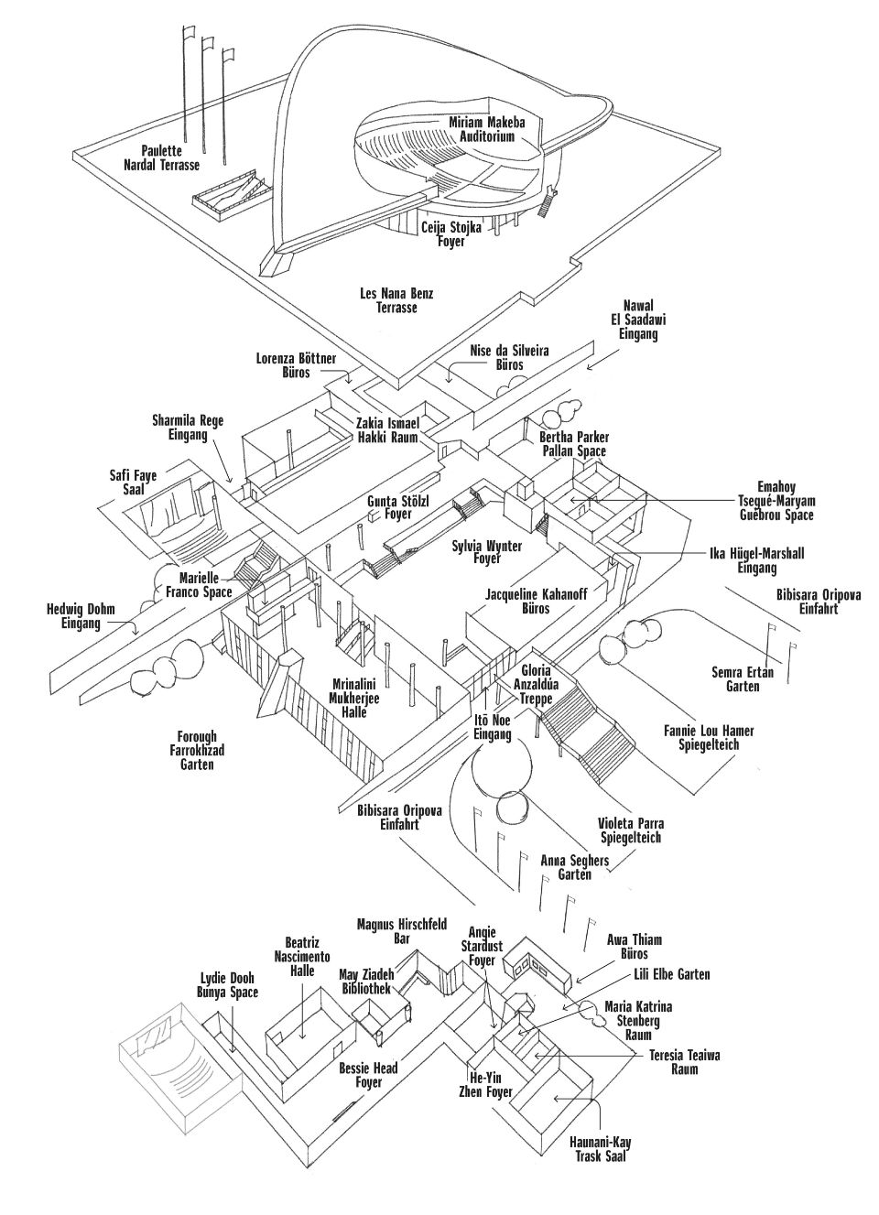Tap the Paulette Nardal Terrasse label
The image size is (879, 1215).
click(x=161, y=157)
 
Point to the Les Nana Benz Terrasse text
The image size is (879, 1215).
click(x=396, y=300)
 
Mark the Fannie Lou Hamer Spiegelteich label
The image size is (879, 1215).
click(x=703, y=738)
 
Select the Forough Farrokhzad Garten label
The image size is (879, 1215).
click(x=198, y=750)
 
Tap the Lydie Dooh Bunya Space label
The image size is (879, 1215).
click(x=228, y=985)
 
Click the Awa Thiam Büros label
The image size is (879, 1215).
click(x=634, y=947)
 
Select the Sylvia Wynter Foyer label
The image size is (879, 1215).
click(x=487, y=552)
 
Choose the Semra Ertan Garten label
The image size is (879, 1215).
click(x=743, y=679)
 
